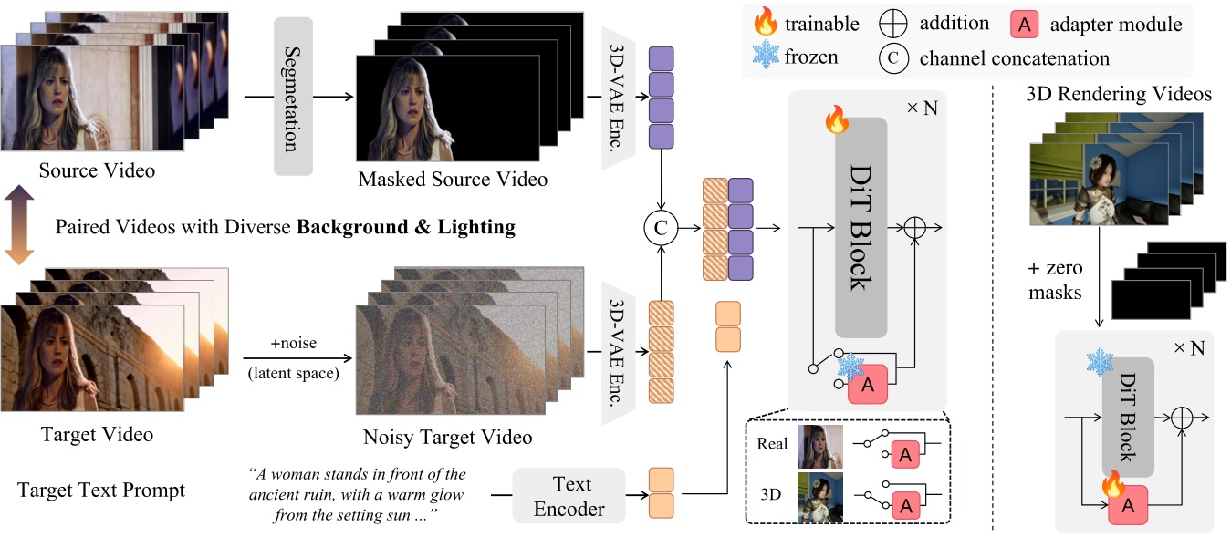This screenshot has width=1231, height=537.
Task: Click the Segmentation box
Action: click(x=293, y=96)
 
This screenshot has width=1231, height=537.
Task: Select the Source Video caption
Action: click(x=97, y=170)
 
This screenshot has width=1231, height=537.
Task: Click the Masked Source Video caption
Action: click(x=453, y=179)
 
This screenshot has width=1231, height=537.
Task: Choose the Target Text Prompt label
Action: click(x=101, y=491)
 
